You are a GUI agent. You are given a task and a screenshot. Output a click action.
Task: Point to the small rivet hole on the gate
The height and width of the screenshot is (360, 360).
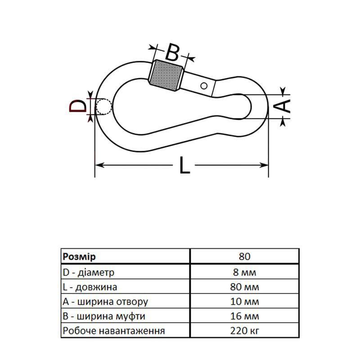[x=204, y=85]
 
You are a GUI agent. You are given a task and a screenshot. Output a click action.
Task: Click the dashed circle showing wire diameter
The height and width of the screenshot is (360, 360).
[x=104, y=106]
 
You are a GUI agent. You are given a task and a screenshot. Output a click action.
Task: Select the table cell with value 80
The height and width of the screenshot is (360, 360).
[x=244, y=256]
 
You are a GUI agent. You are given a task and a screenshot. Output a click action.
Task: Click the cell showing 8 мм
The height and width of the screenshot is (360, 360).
[x=244, y=272]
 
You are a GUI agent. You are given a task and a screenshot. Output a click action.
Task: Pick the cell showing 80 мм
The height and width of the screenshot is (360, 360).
[x=244, y=287]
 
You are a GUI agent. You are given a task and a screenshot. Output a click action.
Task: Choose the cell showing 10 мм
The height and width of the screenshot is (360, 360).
[x=244, y=301]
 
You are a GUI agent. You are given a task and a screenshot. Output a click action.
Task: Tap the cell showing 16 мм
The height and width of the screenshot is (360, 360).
[x=244, y=316]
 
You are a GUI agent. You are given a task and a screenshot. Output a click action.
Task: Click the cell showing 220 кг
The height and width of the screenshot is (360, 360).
[x=244, y=331]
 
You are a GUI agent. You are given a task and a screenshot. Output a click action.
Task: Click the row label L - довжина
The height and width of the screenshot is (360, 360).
[x=90, y=287]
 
